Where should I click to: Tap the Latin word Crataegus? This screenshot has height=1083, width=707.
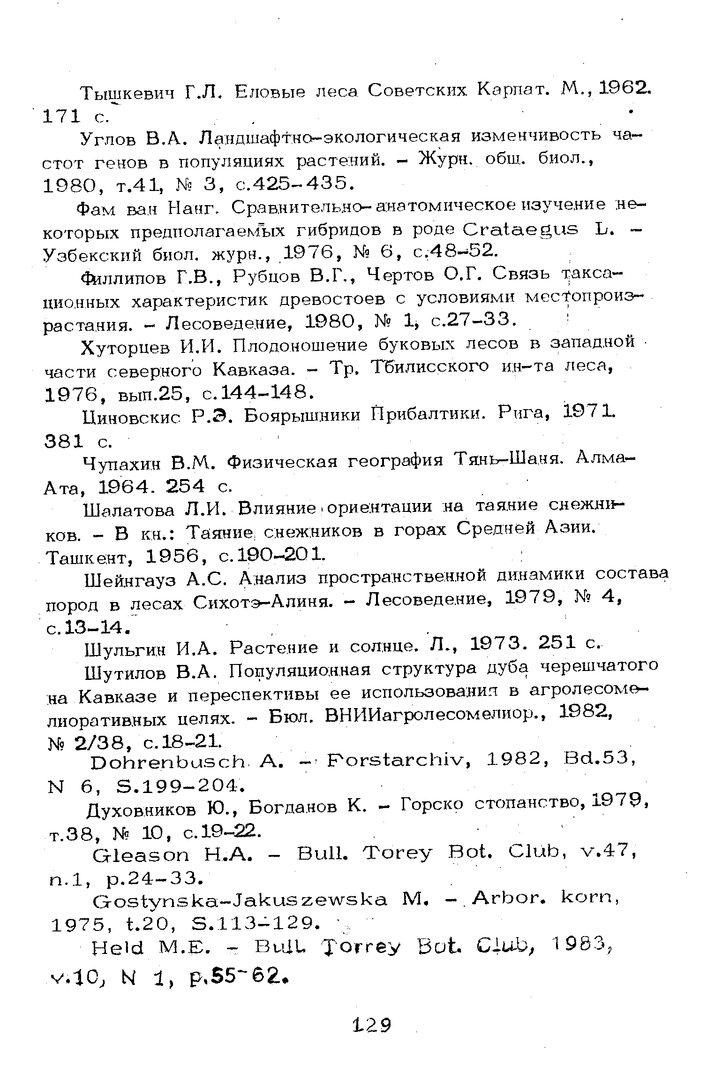(520, 230)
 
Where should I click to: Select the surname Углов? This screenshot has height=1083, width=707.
(109, 139)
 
